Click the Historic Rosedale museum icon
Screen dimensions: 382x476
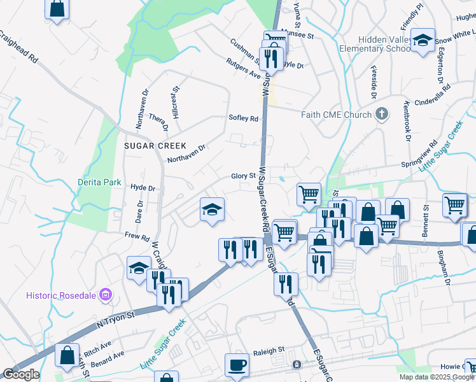(106, 295)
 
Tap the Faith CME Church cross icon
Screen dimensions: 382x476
(382, 115)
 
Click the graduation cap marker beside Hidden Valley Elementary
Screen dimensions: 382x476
(423, 41)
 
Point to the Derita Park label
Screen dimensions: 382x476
(99, 182)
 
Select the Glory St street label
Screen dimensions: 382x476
(243, 176)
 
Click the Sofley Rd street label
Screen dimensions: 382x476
(244, 118)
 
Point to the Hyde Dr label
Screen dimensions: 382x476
(143, 188)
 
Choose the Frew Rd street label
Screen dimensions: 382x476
(137, 236)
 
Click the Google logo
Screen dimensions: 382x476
(20, 374)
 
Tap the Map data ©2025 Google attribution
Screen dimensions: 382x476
(437, 377)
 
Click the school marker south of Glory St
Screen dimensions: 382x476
(212, 209)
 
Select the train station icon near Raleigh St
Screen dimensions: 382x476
(297, 365)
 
